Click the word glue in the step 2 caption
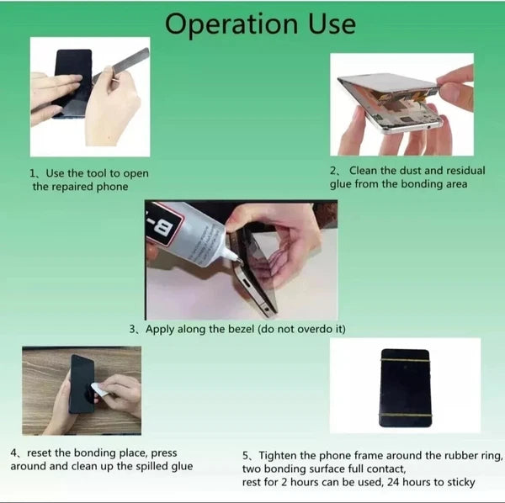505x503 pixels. pos(342,183)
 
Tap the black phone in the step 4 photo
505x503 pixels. pos(81,384)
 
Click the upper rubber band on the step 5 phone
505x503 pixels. pos(405,361)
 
